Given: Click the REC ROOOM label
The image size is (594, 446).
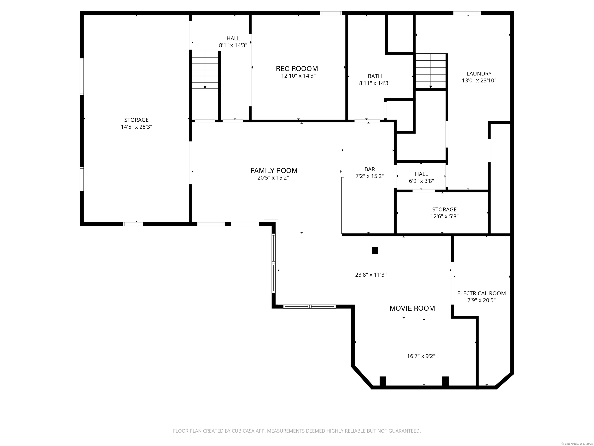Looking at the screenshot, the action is (x=297, y=69).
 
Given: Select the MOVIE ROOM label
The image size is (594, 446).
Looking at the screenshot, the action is (x=412, y=308).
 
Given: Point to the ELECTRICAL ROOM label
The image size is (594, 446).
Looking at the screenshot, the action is (x=481, y=293).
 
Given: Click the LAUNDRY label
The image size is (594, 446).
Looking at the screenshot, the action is (x=479, y=73).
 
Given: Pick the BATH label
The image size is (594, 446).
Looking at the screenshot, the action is (x=375, y=76).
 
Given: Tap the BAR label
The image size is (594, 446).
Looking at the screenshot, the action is (x=370, y=169).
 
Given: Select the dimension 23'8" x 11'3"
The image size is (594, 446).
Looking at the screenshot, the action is (x=371, y=275).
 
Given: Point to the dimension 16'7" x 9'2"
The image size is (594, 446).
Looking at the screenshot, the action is (x=421, y=356).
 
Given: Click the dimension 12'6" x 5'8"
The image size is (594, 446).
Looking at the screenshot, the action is (x=444, y=216).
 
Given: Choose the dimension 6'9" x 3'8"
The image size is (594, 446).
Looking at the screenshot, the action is (x=421, y=181).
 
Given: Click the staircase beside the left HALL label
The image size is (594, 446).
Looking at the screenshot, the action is (x=205, y=70).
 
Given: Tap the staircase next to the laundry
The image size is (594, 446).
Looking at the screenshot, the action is (x=431, y=71).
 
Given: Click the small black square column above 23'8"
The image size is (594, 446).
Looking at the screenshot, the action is (x=375, y=250).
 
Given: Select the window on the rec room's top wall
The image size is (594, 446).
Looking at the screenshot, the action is (x=331, y=13).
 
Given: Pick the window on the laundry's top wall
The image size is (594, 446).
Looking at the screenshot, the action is (x=467, y=13).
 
